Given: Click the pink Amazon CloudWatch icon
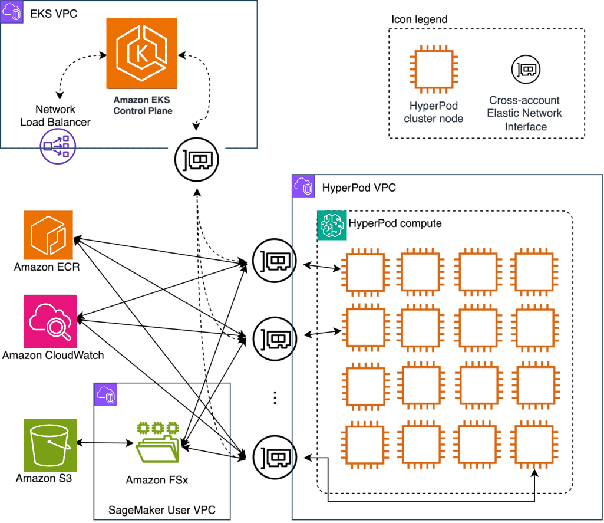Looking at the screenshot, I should tap(51, 322).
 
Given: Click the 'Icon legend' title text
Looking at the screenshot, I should tap(419, 19).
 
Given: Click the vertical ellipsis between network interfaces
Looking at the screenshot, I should tap(275, 398).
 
